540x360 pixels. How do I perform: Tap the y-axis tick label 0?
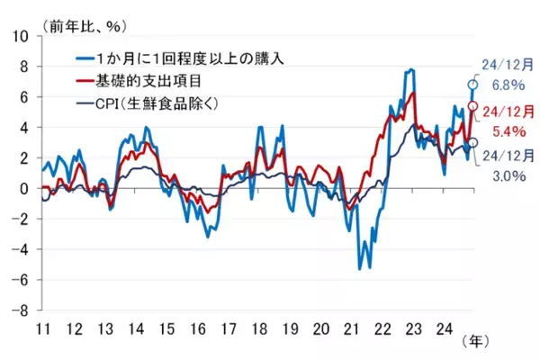point(24,189)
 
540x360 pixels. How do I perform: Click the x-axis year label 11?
point(41,327)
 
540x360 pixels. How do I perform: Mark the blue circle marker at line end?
point(472,85)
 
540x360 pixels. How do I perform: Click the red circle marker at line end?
point(473,106)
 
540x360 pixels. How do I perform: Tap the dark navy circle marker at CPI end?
point(473,142)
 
